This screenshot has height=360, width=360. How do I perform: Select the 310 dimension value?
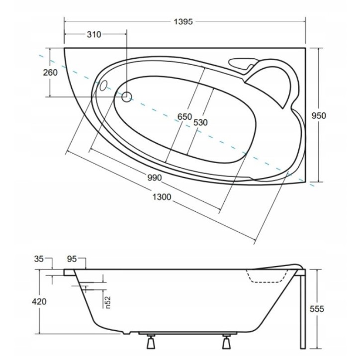point(93,35)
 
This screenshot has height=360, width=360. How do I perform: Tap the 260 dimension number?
point(50,73)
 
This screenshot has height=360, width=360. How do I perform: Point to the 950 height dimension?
point(318,116)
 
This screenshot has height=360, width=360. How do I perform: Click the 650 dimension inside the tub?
point(184,117)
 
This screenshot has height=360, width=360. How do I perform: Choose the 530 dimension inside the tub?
point(200,122)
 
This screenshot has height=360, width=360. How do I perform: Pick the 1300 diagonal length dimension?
point(161,197)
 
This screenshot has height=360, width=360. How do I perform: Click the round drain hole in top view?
point(126,97)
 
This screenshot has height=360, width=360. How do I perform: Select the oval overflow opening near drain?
point(103,85)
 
